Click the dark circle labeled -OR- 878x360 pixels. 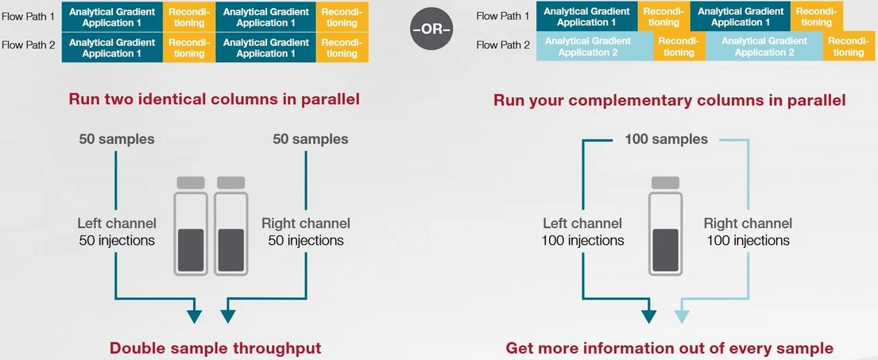point(431,29)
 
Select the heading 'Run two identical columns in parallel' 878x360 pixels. point(215,99)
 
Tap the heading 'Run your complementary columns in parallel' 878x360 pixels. point(669,100)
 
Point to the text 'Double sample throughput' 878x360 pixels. point(215,347)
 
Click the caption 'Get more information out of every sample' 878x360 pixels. point(669,347)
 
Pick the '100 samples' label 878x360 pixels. point(666,139)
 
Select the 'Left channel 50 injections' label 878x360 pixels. point(117,231)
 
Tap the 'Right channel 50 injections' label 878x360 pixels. point(306,231)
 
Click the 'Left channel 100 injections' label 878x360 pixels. point(582,231)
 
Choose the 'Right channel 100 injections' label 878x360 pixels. point(748,231)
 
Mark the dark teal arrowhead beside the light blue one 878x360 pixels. point(648,315)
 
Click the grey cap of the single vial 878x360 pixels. point(665,182)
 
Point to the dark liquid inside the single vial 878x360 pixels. point(665,250)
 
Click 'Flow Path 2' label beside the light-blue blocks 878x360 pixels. point(502,45)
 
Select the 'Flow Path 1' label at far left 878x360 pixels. point(29,16)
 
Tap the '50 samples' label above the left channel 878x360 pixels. point(117,139)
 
